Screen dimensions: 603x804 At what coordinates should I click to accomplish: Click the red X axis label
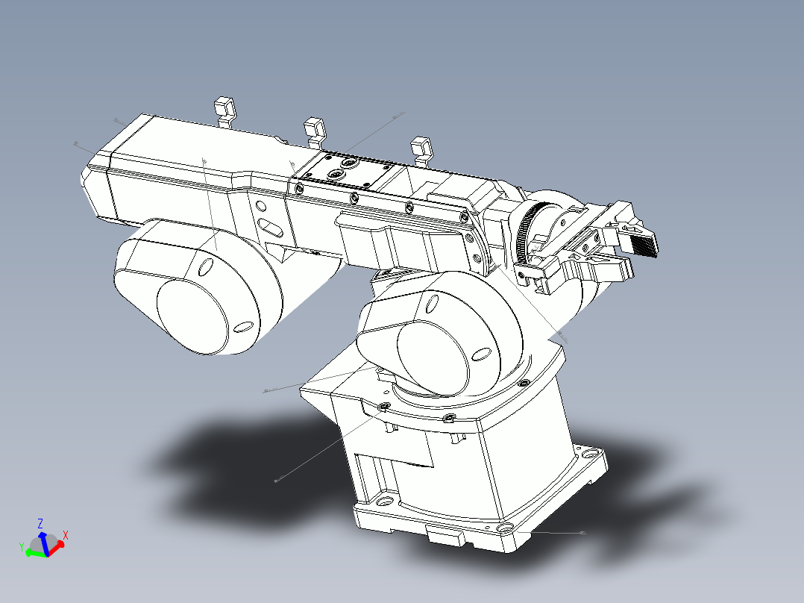click(x=66, y=535)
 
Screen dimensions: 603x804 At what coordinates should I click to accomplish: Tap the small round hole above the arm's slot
click(x=260, y=206)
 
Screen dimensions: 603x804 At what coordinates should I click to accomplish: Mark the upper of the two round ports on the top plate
click(x=348, y=161)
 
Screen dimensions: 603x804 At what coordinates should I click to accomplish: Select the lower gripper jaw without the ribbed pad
click(x=612, y=268)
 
